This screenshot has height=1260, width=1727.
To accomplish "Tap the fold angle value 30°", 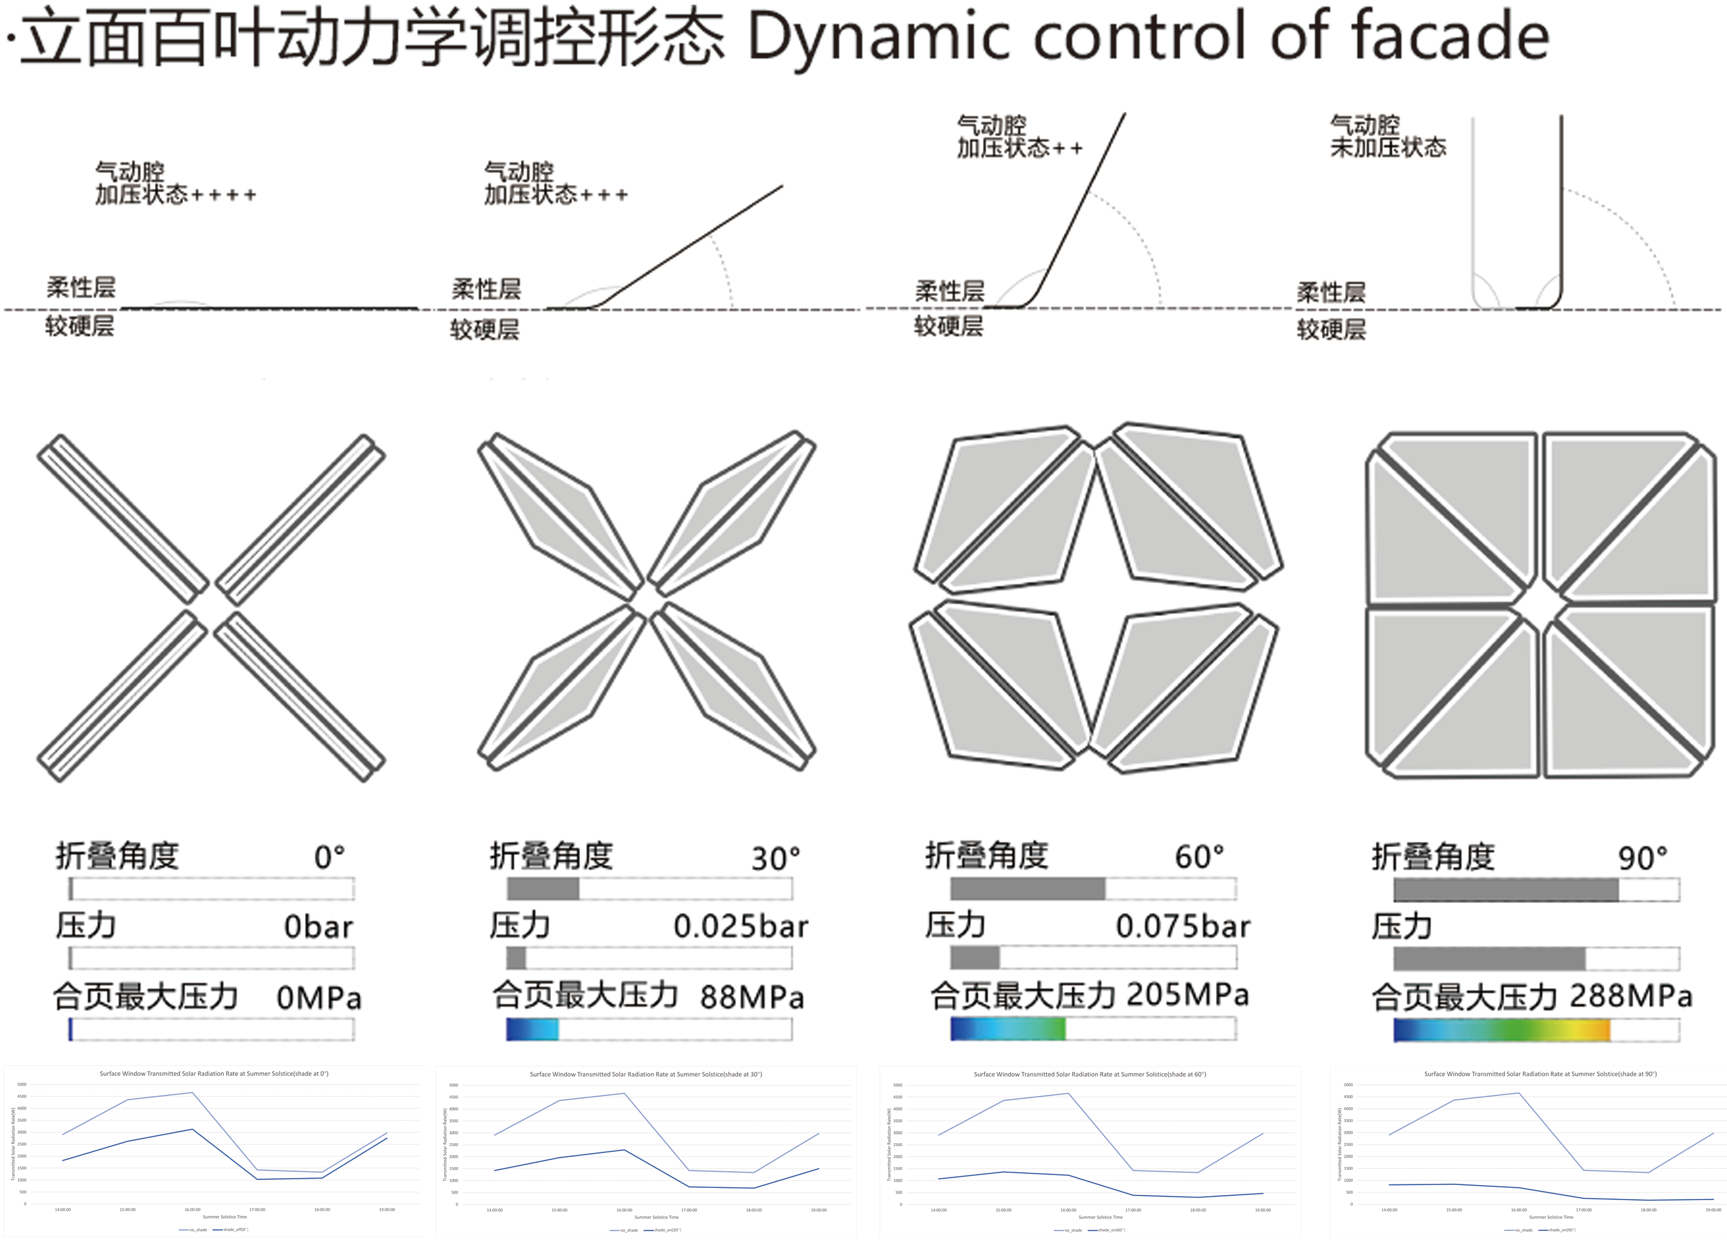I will pyautogui.click(x=775, y=859).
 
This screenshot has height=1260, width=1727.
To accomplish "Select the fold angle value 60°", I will pyautogui.click(x=1199, y=857).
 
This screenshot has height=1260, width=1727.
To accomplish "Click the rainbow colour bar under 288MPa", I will pyautogui.click(x=1500, y=1030).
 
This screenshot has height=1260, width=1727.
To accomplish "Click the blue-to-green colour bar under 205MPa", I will pyautogui.click(x=1007, y=1029).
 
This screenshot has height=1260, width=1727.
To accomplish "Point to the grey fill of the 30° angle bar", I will pyautogui.click(x=543, y=888).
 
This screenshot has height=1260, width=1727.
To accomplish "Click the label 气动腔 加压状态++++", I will pyautogui.click(x=174, y=183).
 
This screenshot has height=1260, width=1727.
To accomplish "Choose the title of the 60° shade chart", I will pyautogui.click(x=1089, y=1075).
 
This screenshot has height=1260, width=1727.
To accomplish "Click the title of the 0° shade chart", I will pyautogui.click(x=213, y=1074).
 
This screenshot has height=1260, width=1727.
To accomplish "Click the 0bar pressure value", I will pyautogui.click(x=319, y=927).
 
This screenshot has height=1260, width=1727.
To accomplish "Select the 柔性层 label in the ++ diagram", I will pyautogui.click(x=949, y=291).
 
